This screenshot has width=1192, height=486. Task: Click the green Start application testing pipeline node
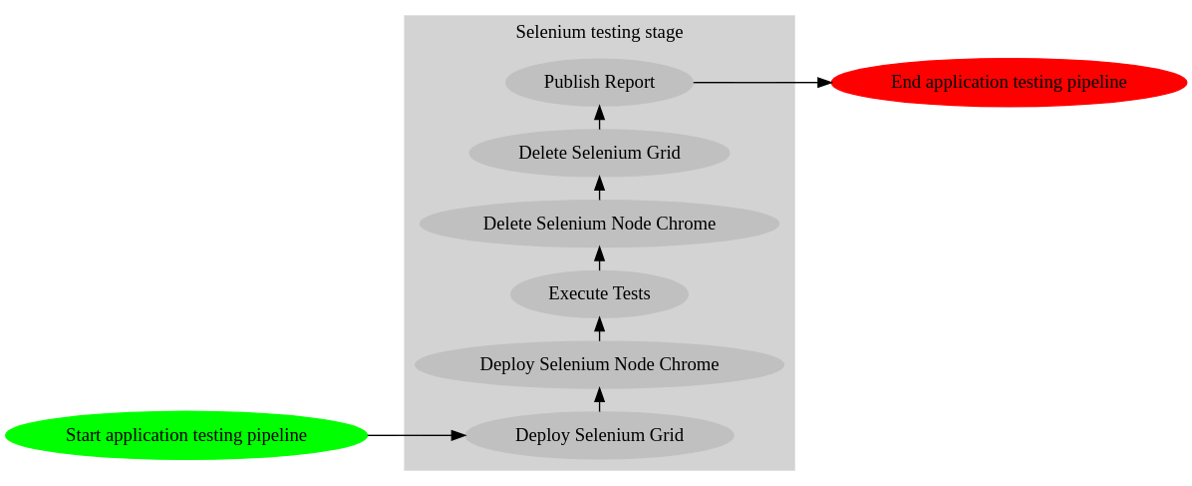[186, 435]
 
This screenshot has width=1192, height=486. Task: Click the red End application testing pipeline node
[1009, 82]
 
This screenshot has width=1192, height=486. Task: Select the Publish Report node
[599, 82]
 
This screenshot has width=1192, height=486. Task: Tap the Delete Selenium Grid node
[599, 153]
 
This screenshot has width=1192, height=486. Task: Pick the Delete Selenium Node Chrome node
[599, 224]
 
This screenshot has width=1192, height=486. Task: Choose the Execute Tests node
[599, 294]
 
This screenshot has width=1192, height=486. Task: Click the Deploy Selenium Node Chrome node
[599, 364]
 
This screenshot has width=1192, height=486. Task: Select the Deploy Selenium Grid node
[599, 435]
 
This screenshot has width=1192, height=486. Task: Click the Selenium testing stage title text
[599, 32]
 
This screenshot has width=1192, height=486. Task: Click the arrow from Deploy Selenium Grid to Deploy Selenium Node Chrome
[599, 399]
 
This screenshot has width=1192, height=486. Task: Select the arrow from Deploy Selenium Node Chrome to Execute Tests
[599, 328]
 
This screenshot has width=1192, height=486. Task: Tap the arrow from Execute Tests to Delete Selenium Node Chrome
[599, 258]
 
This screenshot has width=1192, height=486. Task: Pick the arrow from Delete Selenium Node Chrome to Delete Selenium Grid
[599, 188]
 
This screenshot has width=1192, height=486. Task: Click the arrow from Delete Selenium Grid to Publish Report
[599, 117]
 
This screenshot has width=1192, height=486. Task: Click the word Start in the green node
[83, 435]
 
